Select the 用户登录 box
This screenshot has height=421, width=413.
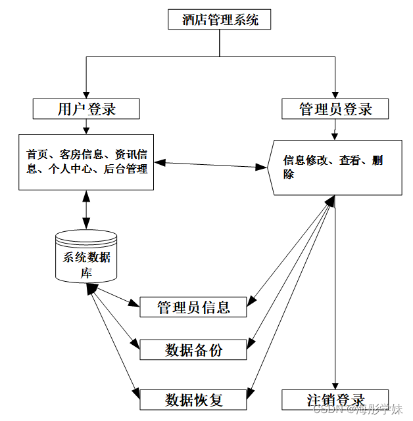(x=86, y=109)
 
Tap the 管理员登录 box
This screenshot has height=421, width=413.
(x=335, y=109)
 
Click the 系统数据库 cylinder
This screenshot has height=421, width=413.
(x=86, y=255)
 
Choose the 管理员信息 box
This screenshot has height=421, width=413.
(x=193, y=307)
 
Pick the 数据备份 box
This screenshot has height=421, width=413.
(x=193, y=350)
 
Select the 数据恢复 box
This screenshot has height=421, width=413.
(x=193, y=399)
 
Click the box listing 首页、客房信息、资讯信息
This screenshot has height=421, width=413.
(x=86, y=162)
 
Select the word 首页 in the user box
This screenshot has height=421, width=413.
(x=37, y=155)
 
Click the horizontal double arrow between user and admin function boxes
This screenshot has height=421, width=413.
(x=210, y=164)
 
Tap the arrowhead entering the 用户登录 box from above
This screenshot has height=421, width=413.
(x=86, y=95)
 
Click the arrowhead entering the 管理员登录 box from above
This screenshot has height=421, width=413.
(x=335, y=95)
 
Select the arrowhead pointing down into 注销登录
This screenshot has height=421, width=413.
(x=335, y=385)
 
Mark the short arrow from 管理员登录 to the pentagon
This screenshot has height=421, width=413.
(x=335, y=129)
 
